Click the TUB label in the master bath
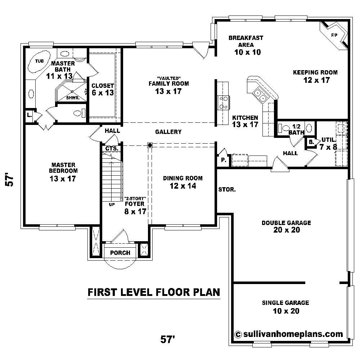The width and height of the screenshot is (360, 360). (39, 61)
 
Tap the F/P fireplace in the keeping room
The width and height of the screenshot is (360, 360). (334, 35)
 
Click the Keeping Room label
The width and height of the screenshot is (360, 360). (315, 72)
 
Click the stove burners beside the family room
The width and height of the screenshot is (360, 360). (223, 102)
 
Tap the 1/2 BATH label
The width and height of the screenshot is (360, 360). (296, 129)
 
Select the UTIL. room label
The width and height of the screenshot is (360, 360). (329, 139)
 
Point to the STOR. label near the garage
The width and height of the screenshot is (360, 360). (227, 189)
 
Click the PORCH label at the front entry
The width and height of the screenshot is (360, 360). (120, 253)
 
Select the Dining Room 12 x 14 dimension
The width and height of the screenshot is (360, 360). (183, 186)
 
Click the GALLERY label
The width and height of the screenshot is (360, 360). (168, 132)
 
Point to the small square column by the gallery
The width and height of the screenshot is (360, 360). (149, 145)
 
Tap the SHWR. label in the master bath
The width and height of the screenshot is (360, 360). (71, 98)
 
